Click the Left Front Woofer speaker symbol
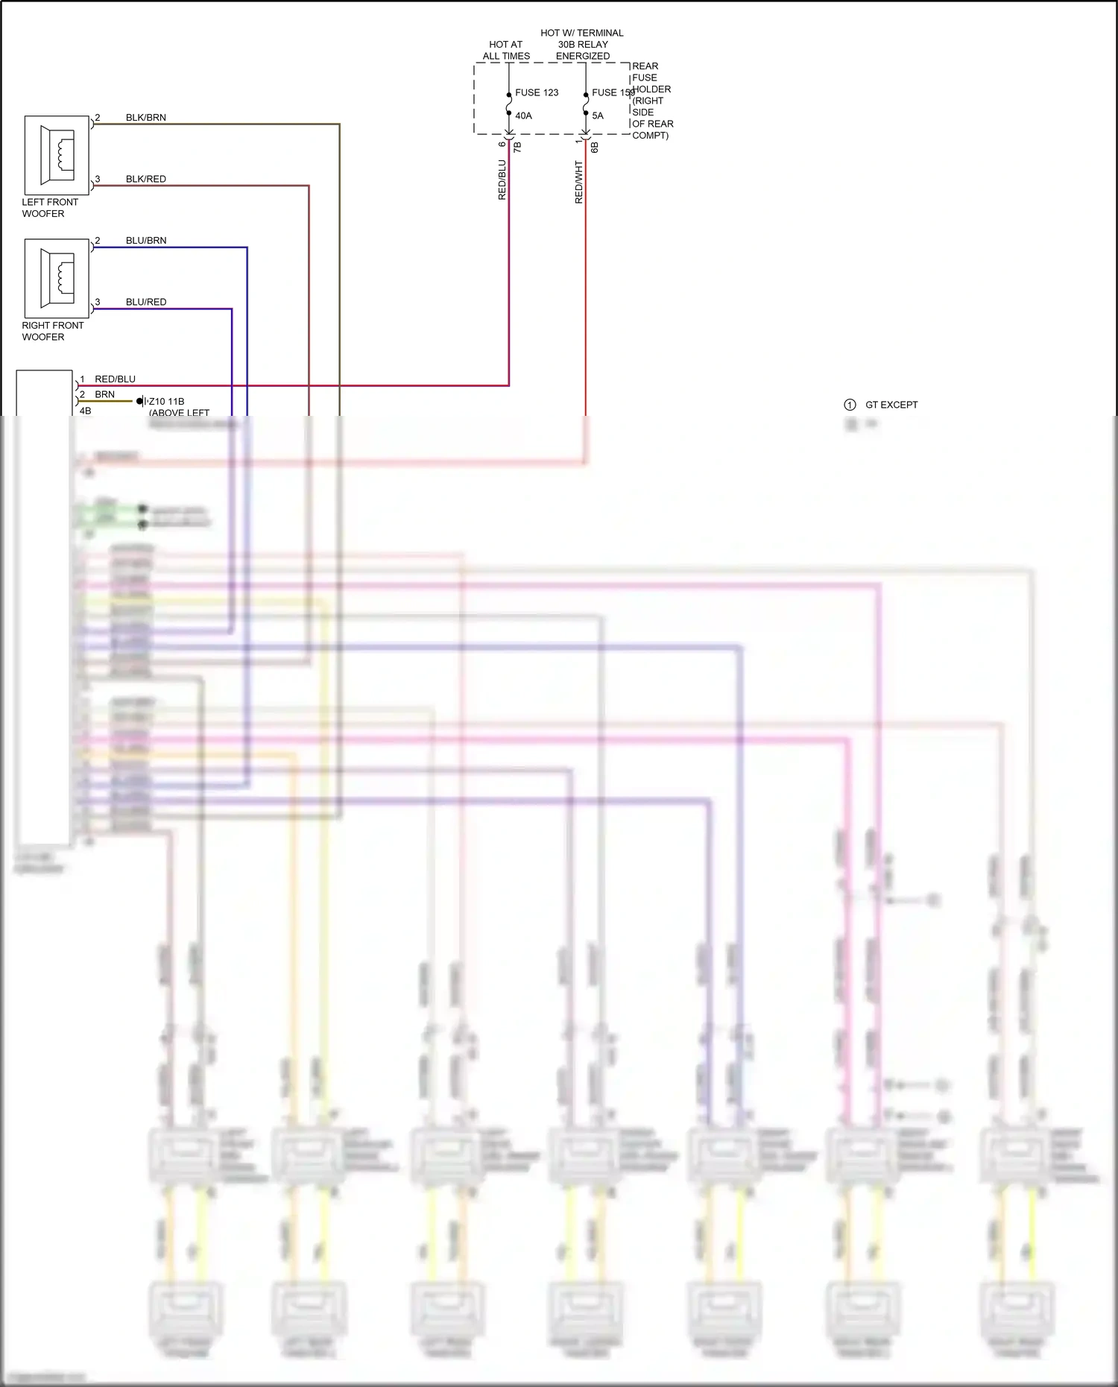click(x=57, y=154)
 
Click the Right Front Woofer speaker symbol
click(x=57, y=278)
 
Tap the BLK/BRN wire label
click(x=146, y=118)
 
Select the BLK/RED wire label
click(x=146, y=179)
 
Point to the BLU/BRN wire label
click(x=146, y=241)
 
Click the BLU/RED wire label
click(x=146, y=302)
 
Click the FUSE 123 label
click(x=537, y=92)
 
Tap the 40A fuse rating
click(x=523, y=116)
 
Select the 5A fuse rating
click(x=598, y=116)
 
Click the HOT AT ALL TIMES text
click(x=506, y=50)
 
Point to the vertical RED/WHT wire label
click(x=579, y=182)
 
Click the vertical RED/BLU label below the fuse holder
click(x=502, y=180)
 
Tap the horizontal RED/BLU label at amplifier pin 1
click(x=115, y=379)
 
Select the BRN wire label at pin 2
click(x=104, y=394)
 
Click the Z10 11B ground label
click(x=167, y=401)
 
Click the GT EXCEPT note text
click(x=891, y=405)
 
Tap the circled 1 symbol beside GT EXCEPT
click(x=850, y=405)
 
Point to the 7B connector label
click(x=517, y=148)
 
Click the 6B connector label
click(x=594, y=148)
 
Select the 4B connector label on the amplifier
click(x=85, y=411)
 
